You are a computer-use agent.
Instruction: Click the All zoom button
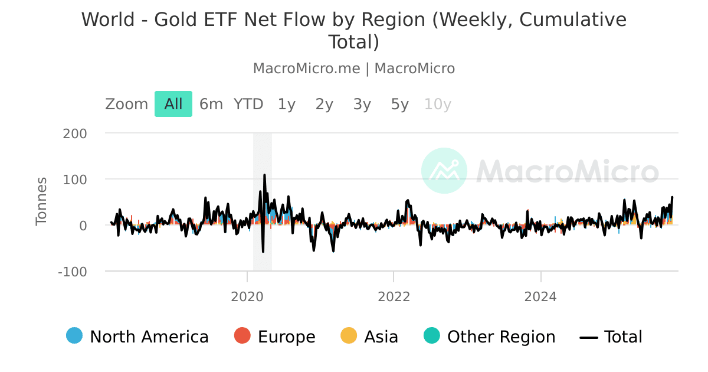point(173,105)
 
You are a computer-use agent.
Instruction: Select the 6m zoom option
point(211,105)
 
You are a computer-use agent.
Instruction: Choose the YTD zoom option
point(248,105)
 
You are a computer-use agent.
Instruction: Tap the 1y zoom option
point(287,105)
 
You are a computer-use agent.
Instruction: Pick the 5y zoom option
point(399,105)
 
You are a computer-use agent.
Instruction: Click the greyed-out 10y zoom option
point(437,105)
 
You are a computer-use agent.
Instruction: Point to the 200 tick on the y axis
point(74,133)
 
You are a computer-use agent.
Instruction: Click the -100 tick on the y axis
point(72,272)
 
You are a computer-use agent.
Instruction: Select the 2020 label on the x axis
point(247,296)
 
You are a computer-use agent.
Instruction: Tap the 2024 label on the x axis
point(540,296)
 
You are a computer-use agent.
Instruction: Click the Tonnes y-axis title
point(41,201)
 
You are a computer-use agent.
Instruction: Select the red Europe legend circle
point(242,336)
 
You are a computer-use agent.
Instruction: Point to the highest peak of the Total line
point(264,175)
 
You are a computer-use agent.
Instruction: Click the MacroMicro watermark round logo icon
point(444,171)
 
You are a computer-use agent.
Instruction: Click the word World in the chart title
point(108,20)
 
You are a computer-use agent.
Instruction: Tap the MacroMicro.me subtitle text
point(306,68)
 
